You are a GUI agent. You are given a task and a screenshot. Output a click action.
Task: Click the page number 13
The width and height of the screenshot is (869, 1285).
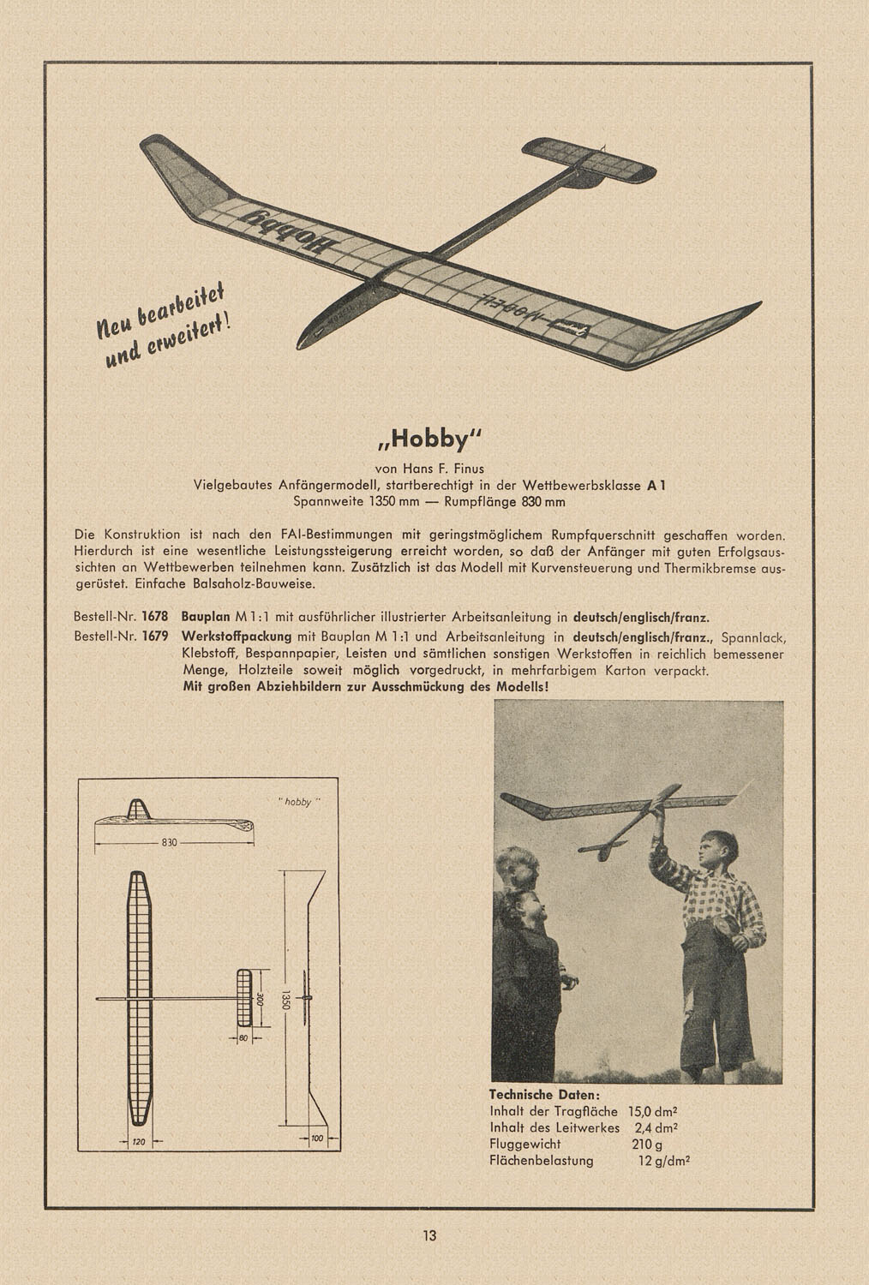[429, 1235]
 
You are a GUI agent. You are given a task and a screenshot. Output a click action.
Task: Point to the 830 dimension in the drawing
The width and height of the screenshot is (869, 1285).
[169, 843]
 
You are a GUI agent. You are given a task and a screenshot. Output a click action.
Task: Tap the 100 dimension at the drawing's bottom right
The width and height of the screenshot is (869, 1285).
[318, 1138]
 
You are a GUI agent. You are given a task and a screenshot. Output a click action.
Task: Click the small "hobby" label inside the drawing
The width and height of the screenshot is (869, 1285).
[297, 802]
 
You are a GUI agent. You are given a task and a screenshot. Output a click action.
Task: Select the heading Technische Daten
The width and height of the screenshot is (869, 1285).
[544, 1095]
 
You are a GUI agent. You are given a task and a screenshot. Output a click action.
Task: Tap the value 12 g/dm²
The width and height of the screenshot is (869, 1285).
[664, 1162]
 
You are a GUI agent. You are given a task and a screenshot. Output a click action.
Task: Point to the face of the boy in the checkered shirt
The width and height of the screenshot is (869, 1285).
[714, 849]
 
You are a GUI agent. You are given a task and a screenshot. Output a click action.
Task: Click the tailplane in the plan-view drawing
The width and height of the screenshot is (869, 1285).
[245, 999]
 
